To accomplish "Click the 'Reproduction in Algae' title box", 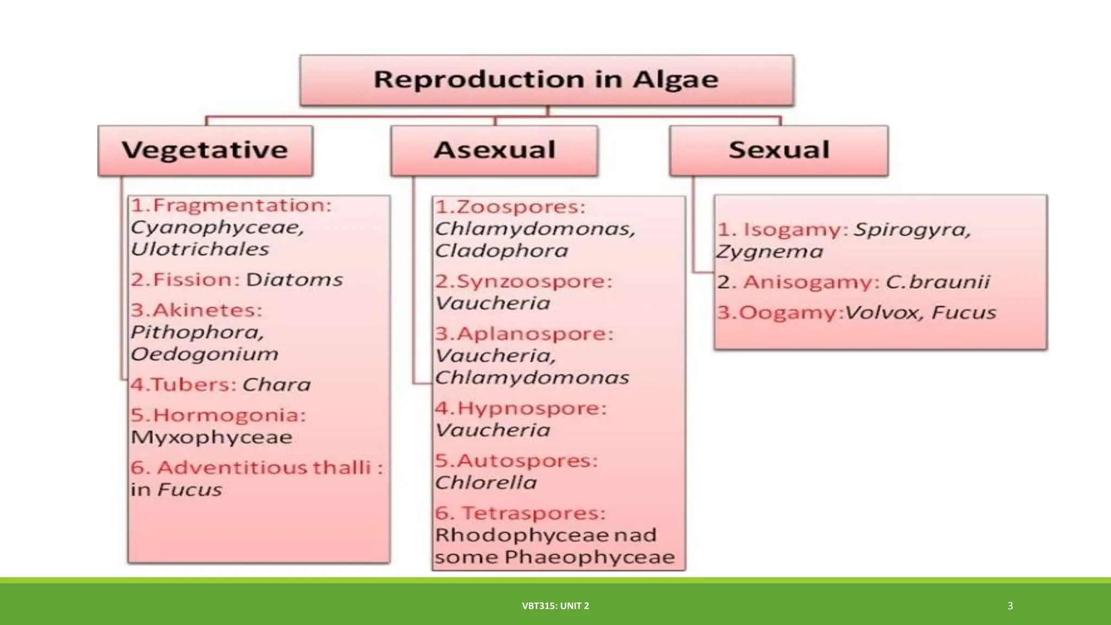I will (x=546, y=80).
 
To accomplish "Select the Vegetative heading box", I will (x=205, y=150).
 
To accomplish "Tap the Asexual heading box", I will (x=494, y=150).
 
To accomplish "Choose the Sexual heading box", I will (x=778, y=150).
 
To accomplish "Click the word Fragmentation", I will (x=241, y=206).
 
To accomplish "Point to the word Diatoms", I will (x=295, y=280).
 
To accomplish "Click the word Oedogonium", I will (x=205, y=354).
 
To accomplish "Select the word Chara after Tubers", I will (x=276, y=385).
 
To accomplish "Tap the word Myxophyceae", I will (x=212, y=437).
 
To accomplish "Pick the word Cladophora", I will (x=501, y=251).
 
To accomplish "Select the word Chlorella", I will (x=486, y=483).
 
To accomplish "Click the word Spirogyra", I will (x=911, y=230).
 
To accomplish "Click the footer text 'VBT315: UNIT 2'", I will (x=555, y=606).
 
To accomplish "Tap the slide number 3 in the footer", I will (x=1010, y=606).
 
